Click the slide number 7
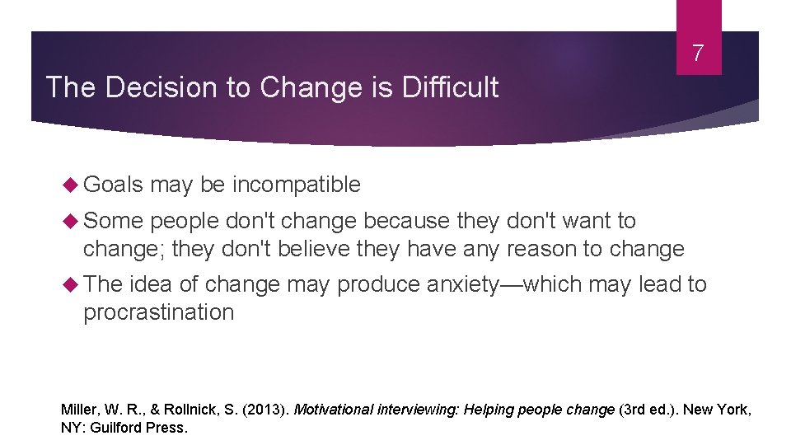click(x=698, y=54)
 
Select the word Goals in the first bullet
click(x=114, y=185)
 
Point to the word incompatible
click(x=296, y=185)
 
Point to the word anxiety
click(x=462, y=284)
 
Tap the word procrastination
click(x=158, y=312)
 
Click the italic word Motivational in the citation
click(x=334, y=409)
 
